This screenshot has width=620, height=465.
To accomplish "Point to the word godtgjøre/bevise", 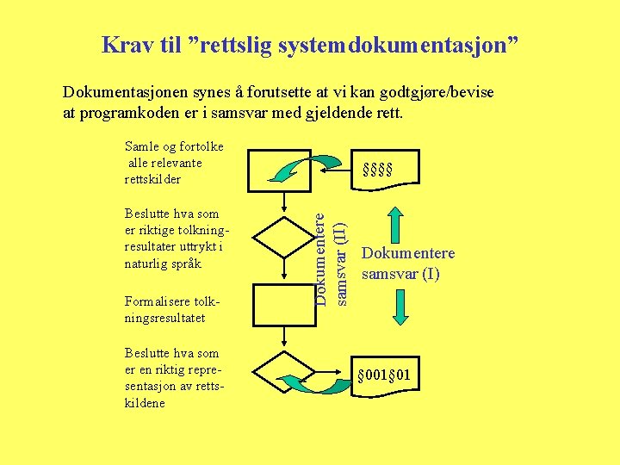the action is coord(439,92).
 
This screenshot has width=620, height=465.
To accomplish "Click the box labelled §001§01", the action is coord(389,377).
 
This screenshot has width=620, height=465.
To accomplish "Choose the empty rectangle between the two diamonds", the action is coord(284,306).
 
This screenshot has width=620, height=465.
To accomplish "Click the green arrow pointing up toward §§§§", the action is coord(396,226).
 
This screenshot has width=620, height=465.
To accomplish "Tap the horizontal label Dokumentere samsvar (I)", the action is coord(408,264).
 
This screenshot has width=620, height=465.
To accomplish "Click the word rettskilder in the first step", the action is coord(153,180).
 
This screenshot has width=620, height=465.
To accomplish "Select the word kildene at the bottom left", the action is coord(146,403).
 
